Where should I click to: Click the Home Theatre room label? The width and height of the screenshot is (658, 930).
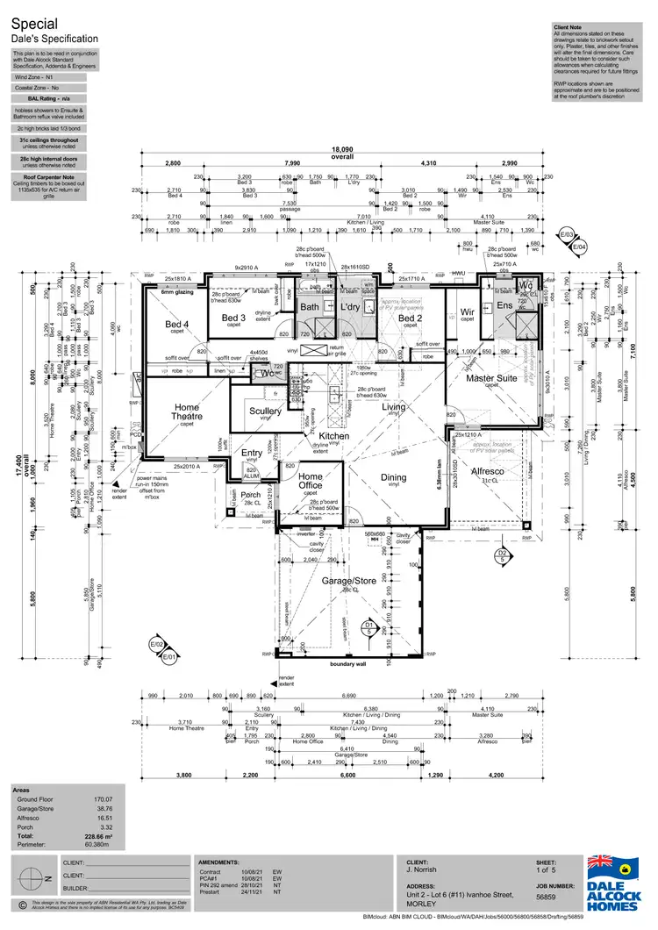[187, 412]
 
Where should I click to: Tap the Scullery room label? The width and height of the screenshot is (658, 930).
[265, 411]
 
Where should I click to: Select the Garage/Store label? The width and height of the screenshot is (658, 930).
[349, 582]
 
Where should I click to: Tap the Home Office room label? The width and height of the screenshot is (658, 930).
[311, 480]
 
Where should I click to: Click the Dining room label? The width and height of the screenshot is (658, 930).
[393, 477]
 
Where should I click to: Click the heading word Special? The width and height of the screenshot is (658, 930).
[32, 25]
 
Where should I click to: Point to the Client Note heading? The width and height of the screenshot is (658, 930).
[569, 27]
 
